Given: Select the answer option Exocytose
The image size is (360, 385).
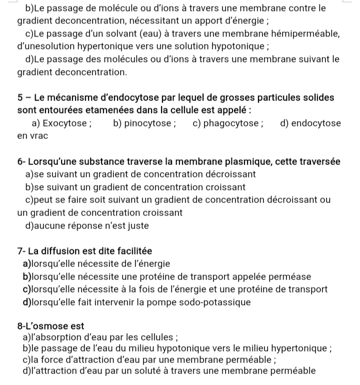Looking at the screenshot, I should [66, 123].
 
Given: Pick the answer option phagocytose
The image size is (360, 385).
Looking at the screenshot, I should [231, 123].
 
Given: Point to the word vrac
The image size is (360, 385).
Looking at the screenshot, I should [38, 136].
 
